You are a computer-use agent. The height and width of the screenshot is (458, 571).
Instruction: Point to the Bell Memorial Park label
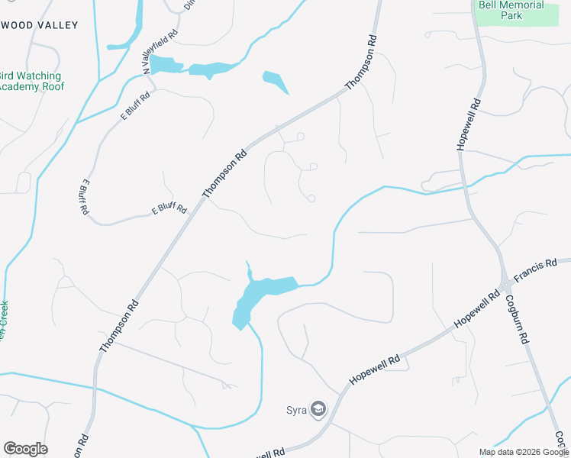511,11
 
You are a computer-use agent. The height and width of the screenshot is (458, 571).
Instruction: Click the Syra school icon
318,410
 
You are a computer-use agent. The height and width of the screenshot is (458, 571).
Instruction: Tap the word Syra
296,410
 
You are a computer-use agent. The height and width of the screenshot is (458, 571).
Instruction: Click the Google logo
25,449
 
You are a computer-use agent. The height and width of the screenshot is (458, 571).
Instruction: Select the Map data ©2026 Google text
524,452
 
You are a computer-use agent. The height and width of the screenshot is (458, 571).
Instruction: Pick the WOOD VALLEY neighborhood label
40,25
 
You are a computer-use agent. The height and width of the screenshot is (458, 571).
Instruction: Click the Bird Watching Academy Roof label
31,81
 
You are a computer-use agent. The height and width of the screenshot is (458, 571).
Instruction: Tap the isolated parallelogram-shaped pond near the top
275,81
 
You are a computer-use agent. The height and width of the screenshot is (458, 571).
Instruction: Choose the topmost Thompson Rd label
362,62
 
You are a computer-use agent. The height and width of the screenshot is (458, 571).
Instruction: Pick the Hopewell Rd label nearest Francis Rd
472,311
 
